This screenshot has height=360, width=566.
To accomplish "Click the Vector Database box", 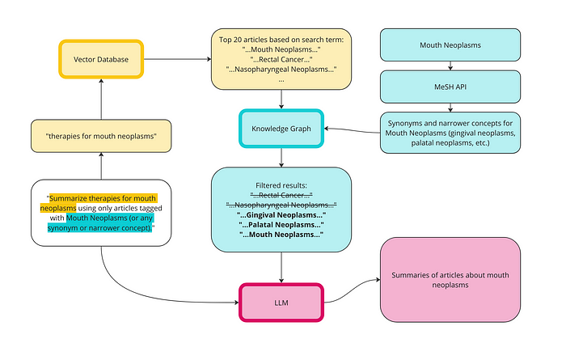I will [x=101, y=58].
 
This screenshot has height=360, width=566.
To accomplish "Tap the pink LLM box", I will [x=281, y=303].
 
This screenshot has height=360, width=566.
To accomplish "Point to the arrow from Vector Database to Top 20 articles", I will [x=176, y=58].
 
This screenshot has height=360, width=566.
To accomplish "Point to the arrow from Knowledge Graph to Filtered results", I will [x=281, y=157].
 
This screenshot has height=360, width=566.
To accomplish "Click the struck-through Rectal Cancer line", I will [x=281, y=196].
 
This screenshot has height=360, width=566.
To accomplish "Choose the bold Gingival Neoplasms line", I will [x=281, y=215].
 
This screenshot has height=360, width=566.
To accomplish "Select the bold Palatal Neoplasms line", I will [x=281, y=225].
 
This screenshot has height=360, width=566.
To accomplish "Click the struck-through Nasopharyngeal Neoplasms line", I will [x=281, y=205].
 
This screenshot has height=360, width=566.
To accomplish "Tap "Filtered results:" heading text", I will [x=281, y=185].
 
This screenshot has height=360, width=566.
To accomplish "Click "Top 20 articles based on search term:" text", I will [x=281, y=38].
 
